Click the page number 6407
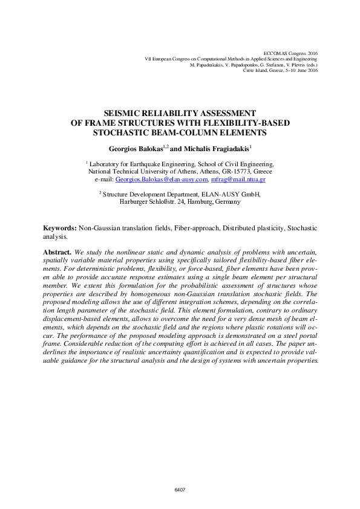pos(180,489)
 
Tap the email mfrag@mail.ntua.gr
pos(238,180)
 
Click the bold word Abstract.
pos(57,251)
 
